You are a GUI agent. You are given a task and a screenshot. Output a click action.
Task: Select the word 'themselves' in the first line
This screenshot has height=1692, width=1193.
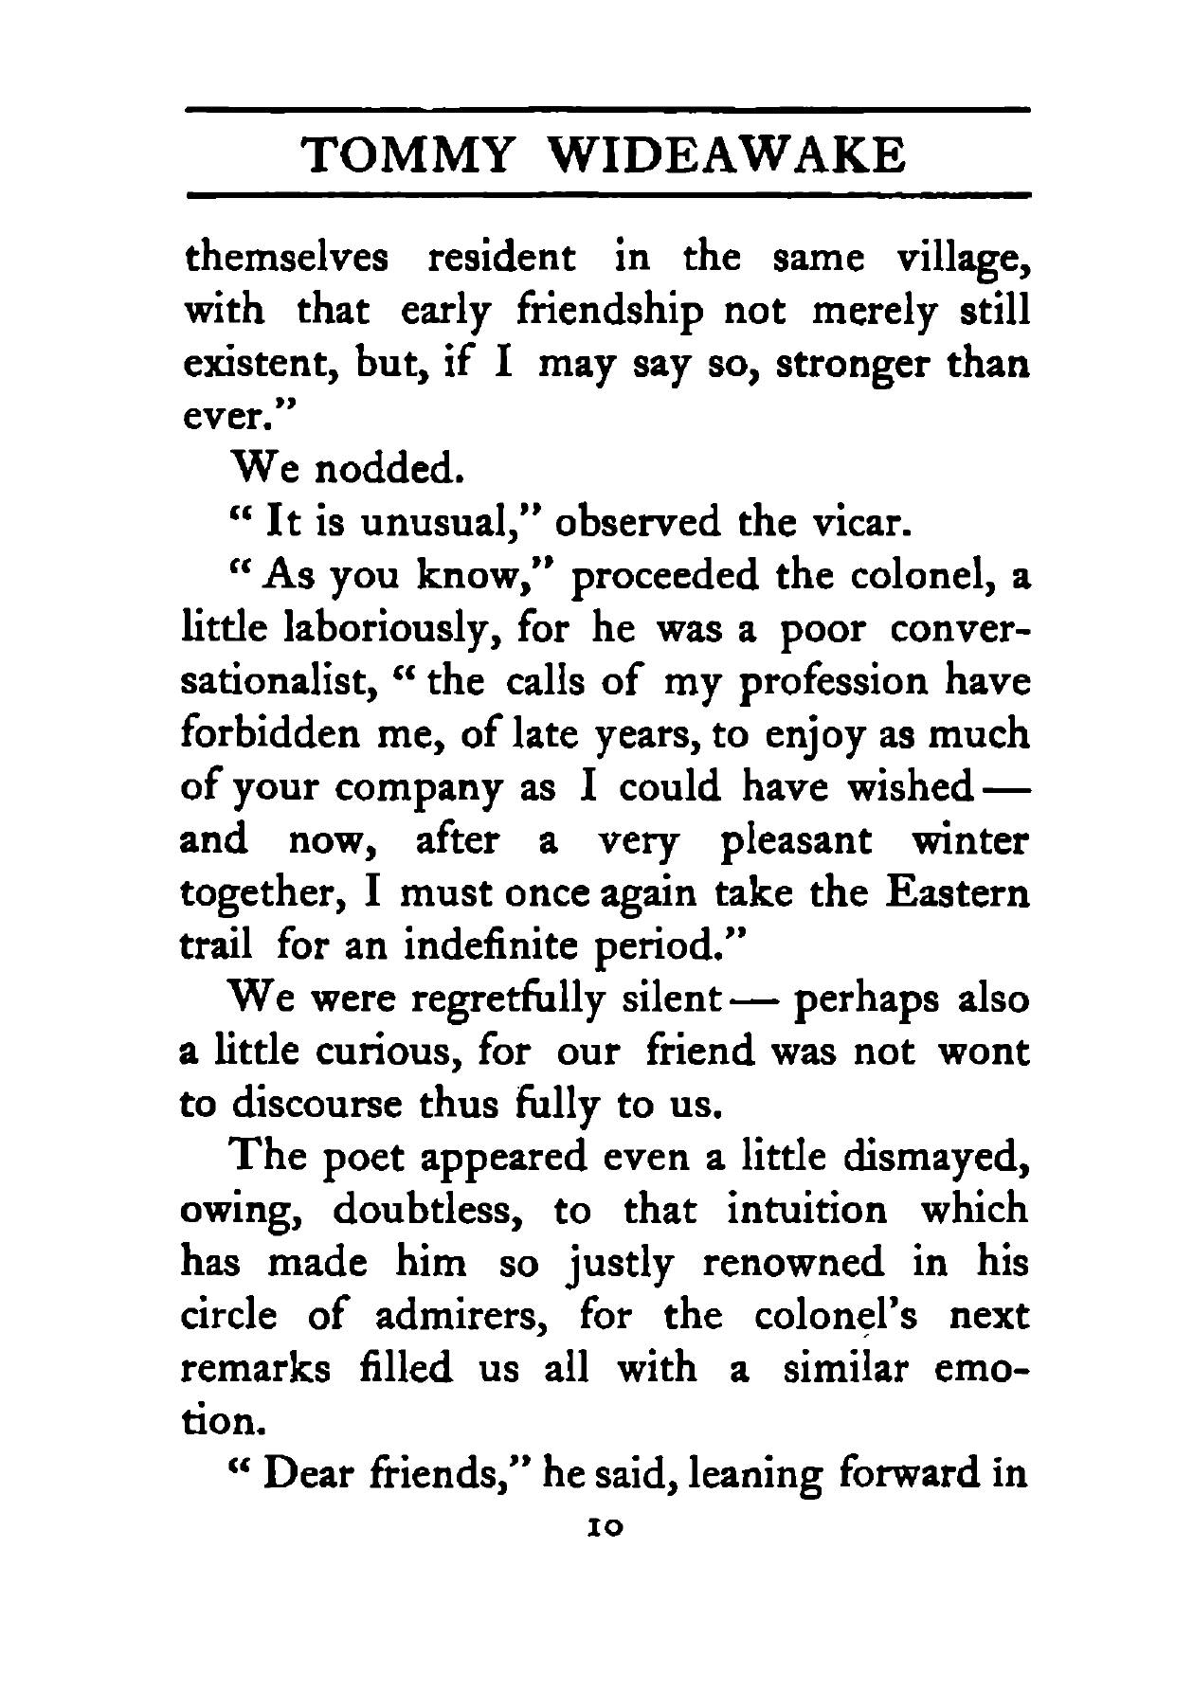point(285,258)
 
